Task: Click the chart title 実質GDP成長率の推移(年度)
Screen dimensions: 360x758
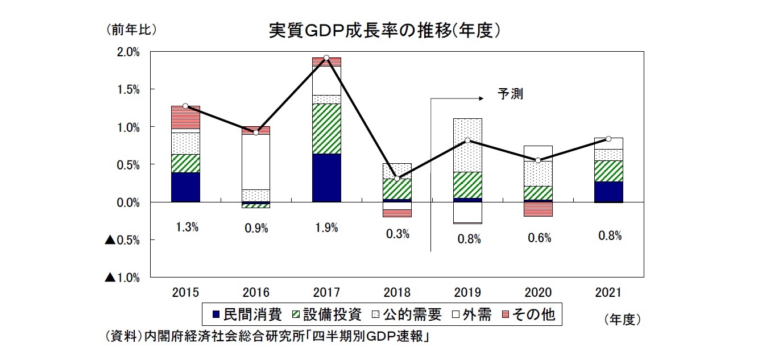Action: (x=384, y=30)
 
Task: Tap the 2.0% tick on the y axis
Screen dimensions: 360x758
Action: (x=128, y=52)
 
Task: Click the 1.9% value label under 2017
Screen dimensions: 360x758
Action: (x=326, y=228)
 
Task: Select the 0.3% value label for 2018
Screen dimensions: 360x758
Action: (x=397, y=234)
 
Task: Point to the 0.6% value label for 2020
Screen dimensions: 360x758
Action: (x=539, y=238)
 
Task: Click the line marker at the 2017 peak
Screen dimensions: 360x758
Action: (x=326, y=58)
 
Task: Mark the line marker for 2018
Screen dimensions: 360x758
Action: (x=397, y=179)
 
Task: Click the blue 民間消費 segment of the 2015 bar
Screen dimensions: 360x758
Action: (x=185, y=187)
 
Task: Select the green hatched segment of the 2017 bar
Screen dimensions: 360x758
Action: (x=326, y=129)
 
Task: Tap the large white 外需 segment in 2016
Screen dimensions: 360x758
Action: (x=256, y=162)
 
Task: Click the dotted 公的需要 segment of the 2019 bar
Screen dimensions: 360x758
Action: (x=467, y=145)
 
